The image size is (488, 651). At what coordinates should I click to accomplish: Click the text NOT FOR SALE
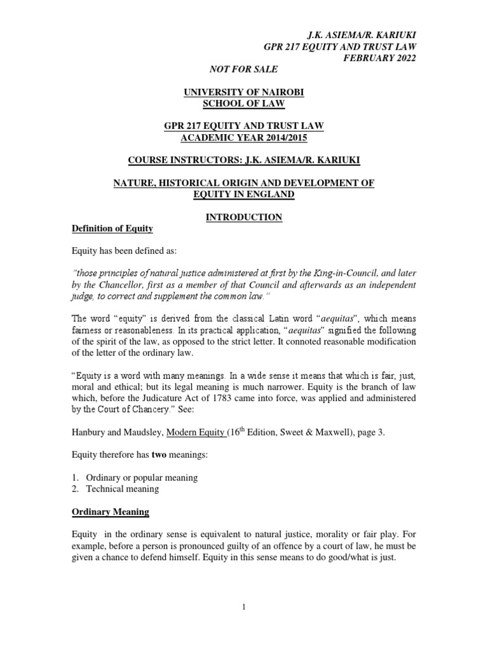tap(244, 69)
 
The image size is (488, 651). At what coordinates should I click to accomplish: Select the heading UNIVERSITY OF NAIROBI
tap(244, 92)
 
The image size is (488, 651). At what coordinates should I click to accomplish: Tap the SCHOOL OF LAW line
tap(244, 104)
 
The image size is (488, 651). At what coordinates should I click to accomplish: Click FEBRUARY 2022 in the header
tap(380, 58)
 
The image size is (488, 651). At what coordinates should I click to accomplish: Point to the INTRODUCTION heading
tap(244, 217)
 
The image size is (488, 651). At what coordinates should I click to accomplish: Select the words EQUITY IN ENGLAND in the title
tap(244, 195)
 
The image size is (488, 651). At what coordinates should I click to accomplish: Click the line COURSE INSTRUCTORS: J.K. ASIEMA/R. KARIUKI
tap(244, 161)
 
